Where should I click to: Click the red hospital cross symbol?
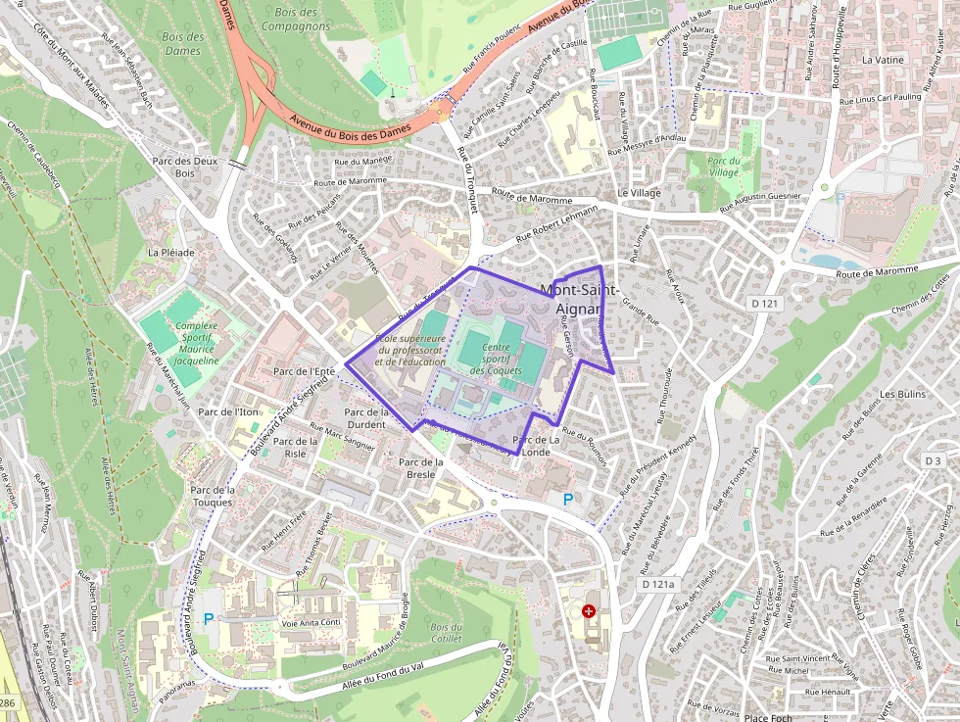point(589,611)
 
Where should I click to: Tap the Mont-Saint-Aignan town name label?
point(579,299)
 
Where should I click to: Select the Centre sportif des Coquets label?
point(496,359)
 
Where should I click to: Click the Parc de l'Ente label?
point(305,372)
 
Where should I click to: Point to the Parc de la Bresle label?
point(420,468)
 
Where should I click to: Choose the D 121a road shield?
point(657,584)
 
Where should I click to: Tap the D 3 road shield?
point(933,460)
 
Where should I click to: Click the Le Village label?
point(639,193)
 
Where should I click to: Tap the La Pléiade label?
point(171,252)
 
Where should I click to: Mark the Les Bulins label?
point(902,394)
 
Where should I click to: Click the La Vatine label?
point(883,60)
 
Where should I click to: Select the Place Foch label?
point(767,717)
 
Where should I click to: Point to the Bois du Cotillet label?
point(446,634)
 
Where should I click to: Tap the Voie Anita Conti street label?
point(311,622)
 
